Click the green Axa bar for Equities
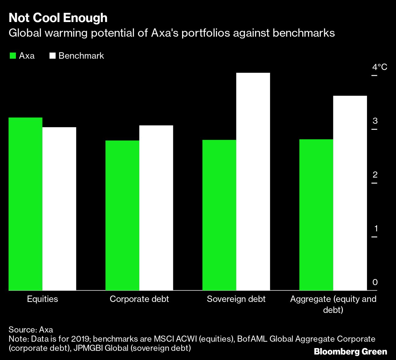pyautogui.click(x=25, y=204)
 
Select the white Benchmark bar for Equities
pyautogui.click(x=59, y=209)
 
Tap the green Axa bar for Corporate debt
pyautogui.click(x=122, y=215)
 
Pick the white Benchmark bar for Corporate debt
pyautogui.click(x=156, y=208)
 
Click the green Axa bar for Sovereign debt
pyautogui.click(x=219, y=215)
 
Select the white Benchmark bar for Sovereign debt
pyautogui.click(x=253, y=182)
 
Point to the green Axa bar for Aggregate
pyautogui.click(x=316, y=215)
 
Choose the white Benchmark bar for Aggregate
pyautogui.click(x=350, y=193)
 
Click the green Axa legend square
pyautogui.click(x=13, y=56)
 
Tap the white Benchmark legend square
pyautogui.click(x=53, y=56)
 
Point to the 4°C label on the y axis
pyautogui.click(x=380, y=67)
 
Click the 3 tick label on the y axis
pyautogui.click(x=375, y=121)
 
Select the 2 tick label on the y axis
pyautogui.click(x=375, y=175)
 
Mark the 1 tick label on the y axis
pyautogui.click(x=375, y=229)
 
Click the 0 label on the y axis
pyautogui.click(x=375, y=282)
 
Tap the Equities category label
pyautogui.click(x=42, y=299)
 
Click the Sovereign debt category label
pyautogui.click(x=236, y=299)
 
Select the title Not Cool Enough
pyautogui.click(x=58, y=18)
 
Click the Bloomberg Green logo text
pyautogui.click(x=350, y=352)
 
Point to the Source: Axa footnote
pyautogui.click(x=31, y=330)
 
